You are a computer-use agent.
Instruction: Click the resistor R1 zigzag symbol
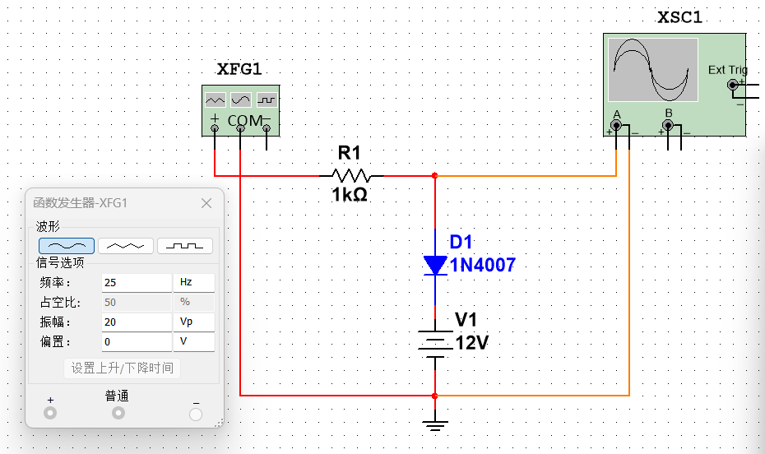pos(351,175)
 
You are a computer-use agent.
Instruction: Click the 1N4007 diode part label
pos(482,265)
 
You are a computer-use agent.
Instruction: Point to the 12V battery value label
pos(472,343)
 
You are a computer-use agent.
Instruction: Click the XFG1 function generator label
pos(239,70)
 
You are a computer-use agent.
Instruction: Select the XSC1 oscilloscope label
pos(680,17)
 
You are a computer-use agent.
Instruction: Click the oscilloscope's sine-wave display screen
pos(653,70)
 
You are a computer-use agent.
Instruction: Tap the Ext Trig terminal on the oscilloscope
pos(732,85)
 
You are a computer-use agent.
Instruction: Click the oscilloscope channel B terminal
pos(668,126)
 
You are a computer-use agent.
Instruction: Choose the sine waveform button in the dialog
pos(67,245)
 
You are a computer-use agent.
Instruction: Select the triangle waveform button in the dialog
pos(126,245)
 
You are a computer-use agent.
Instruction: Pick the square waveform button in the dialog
pos(185,245)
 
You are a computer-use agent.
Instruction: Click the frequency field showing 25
pos(136,282)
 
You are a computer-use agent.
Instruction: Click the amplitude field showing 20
pos(136,322)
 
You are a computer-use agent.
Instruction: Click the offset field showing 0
pos(136,341)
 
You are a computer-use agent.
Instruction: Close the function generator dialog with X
pos(206,203)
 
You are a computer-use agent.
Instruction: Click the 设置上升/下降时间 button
pos(122,368)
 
